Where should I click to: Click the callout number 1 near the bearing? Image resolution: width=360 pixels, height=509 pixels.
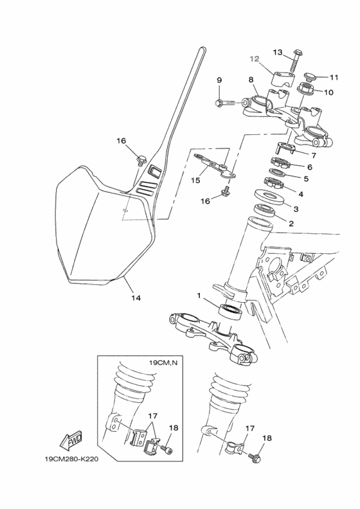click(x=200, y=296)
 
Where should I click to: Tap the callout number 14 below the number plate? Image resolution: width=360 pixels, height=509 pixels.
click(x=136, y=298)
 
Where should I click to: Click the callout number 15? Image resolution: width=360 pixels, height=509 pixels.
click(x=196, y=181)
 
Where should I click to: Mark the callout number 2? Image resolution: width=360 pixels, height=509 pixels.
click(x=291, y=224)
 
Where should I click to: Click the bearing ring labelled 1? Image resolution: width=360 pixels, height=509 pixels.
click(x=231, y=310)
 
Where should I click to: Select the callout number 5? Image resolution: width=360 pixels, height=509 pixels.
click(x=306, y=179)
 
